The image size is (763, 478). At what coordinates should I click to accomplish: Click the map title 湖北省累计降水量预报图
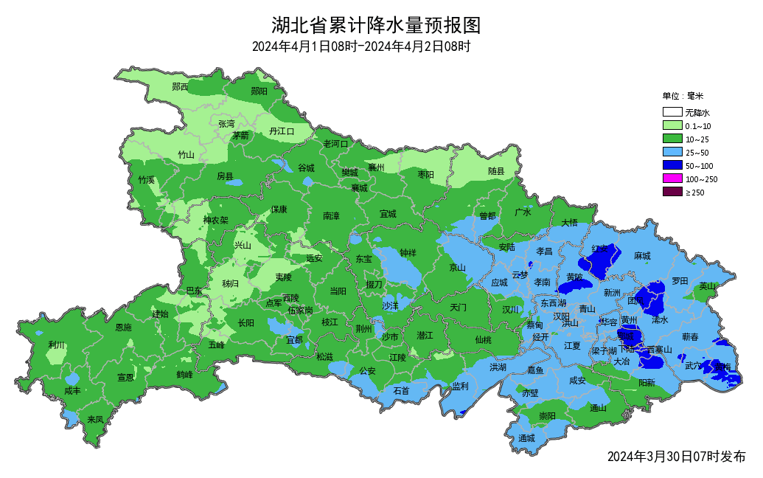376,26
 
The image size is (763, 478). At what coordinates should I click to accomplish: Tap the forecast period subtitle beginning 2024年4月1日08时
361,47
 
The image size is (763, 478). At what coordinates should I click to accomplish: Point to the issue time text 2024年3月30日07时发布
676,457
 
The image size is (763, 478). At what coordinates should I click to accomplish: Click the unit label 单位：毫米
683,96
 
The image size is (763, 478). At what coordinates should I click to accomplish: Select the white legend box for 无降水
671,113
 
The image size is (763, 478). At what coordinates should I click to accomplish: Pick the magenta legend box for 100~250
671,179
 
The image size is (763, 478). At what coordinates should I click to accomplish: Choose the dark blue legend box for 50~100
671,166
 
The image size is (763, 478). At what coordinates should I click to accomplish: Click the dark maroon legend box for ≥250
671,193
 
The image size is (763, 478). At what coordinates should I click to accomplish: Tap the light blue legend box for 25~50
671,153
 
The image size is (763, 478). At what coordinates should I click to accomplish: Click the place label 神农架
216,220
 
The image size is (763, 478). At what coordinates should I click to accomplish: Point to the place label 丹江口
282,131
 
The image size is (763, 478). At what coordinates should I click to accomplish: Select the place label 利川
57,344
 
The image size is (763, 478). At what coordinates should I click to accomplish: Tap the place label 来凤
95,419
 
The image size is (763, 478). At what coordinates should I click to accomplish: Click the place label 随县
496,172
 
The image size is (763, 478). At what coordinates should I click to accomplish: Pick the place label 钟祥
408,253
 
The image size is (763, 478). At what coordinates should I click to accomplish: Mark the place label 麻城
642,256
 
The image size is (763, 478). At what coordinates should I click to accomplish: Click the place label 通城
526,438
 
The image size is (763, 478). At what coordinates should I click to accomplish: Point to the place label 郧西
180,87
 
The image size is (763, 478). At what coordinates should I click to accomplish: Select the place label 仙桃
483,339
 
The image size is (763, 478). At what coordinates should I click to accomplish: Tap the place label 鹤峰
184,375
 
